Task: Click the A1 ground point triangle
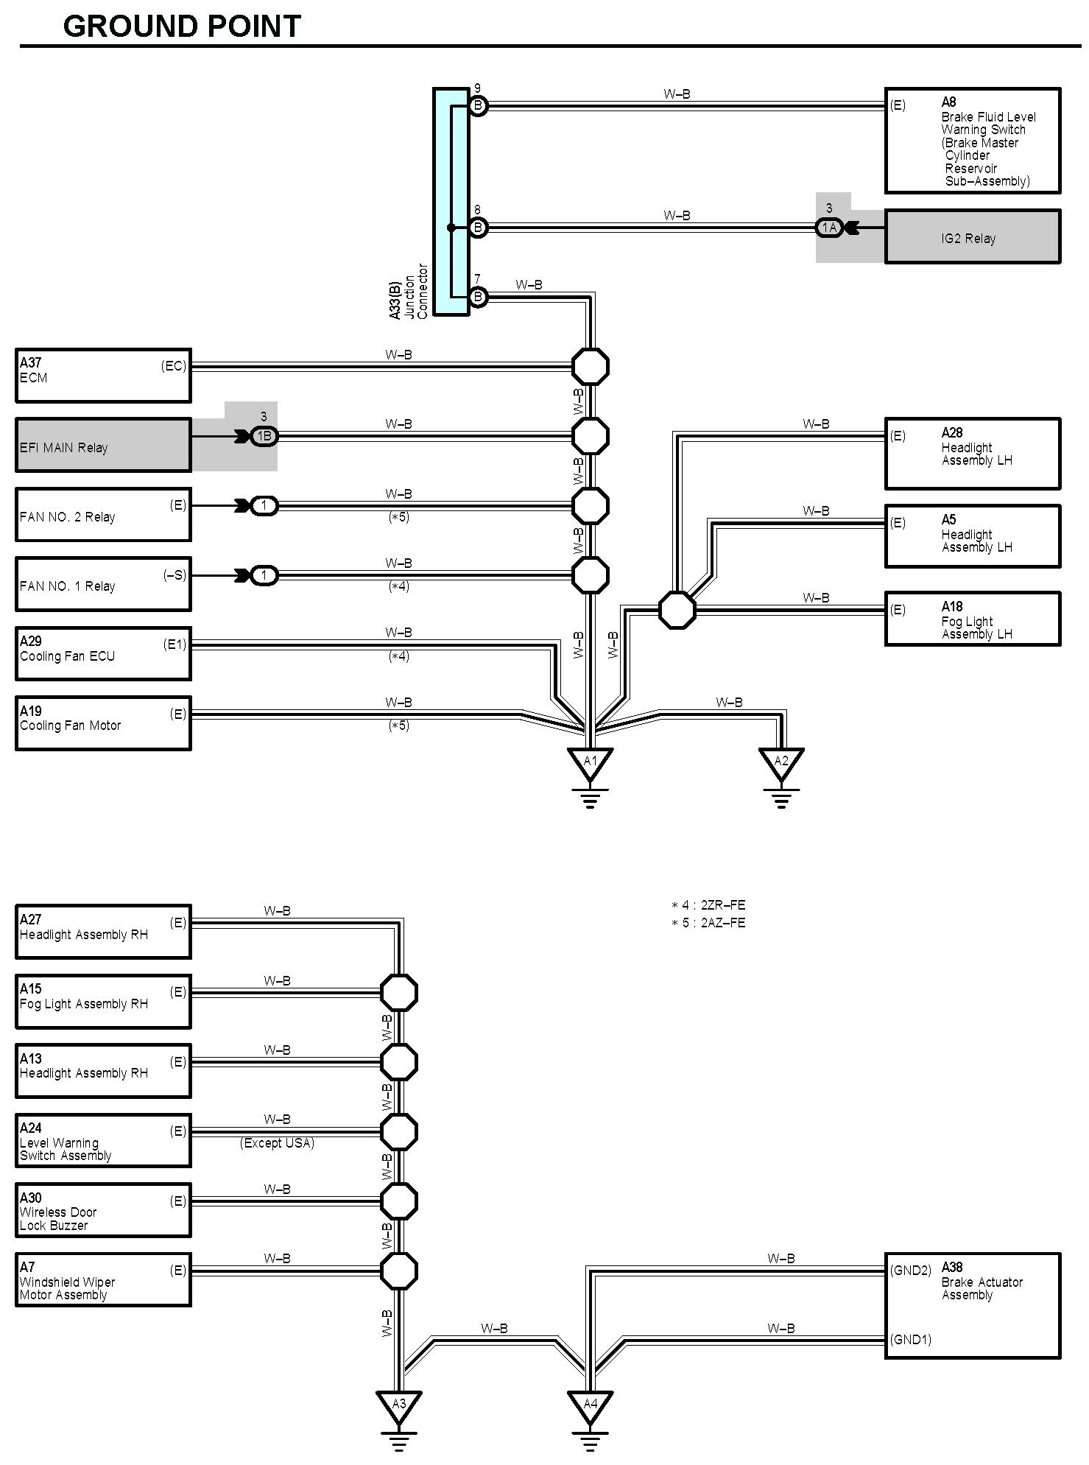tap(590, 762)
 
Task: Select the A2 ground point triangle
tap(781, 762)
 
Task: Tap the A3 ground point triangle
tap(398, 1404)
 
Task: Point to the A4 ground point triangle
tap(590, 1404)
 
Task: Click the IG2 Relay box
tap(972, 237)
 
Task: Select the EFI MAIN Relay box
tap(103, 446)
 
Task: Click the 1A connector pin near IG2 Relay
tap(829, 228)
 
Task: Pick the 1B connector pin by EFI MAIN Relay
tap(264, 436)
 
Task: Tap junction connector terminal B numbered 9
tap(478, 106)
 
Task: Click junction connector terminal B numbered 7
tap(478, 297)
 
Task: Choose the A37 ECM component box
tap(103, 376)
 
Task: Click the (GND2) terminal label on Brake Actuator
tap(911, 1270)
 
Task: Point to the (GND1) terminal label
tap(911, 1339)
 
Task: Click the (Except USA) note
tap(277, 1142)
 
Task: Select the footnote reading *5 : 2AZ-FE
tap(708, 923)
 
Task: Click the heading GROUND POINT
tap(182, 27)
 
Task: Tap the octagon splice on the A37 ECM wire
tap(591, 366)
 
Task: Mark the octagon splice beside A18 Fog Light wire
tap(677, 610)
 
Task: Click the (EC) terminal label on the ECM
tap(174, 366)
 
